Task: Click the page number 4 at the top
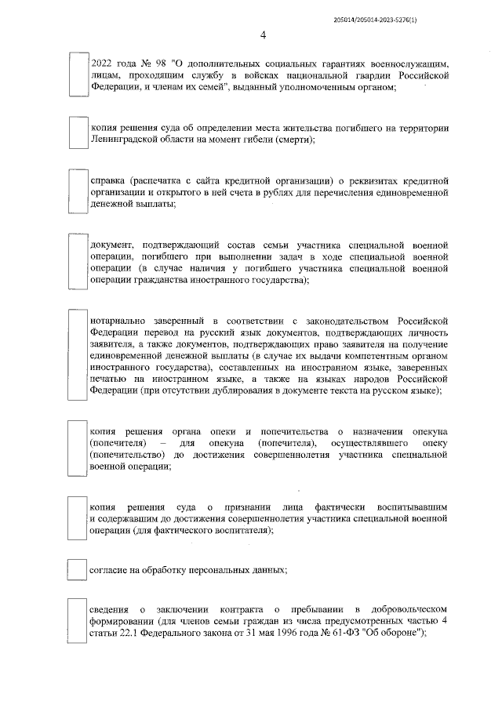(x=263, y=35)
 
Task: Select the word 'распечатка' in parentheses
(x=158, y=178)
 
